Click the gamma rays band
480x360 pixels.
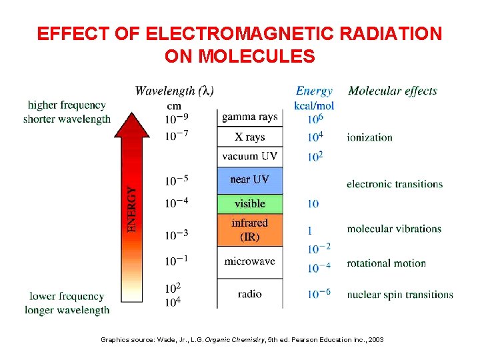[250, 117]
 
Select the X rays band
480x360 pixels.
[250, 137]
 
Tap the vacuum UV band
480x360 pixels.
[250, 157]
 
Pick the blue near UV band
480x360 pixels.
[250, 180]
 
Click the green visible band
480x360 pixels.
[250, 203]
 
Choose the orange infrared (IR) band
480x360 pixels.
[250, 230]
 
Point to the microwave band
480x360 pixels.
[250, 261]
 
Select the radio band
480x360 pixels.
[250, 294]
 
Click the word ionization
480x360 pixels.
[369, 137]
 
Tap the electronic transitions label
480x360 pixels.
[394, 184]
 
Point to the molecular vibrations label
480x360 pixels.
[393, 229]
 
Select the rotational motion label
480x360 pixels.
[386, 263]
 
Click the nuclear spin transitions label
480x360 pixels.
[399, 294]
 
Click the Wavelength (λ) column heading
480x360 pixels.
[175, 91]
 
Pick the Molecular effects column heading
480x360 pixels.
[393, 91]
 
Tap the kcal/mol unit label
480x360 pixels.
[314, 105]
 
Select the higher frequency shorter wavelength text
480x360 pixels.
[67, 112]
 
